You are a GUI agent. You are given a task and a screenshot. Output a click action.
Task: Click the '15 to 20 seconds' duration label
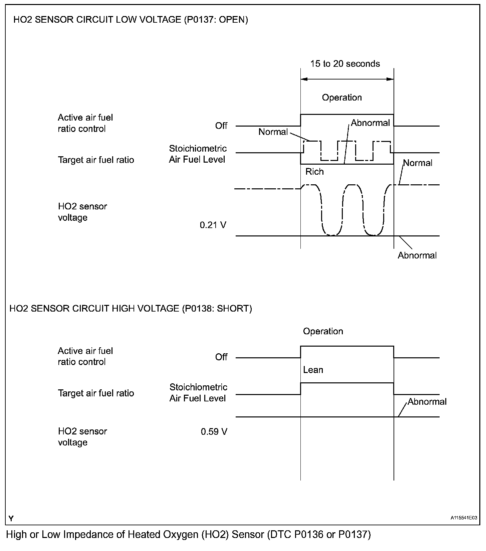[345, 64]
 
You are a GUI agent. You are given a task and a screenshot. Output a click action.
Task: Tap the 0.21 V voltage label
[213, 225]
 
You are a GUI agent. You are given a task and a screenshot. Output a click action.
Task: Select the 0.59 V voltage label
[214, 432]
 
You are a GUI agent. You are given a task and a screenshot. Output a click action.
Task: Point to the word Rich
[314, 172]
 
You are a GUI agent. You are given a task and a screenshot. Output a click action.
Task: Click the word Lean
[313, 370]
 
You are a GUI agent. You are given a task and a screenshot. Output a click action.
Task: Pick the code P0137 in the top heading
[202, 20]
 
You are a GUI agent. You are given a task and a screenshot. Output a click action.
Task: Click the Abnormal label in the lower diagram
[427, 401]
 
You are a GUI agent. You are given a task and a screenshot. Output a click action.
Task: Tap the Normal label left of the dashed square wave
[273, 132]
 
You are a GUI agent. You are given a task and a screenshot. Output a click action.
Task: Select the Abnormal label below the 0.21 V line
[417, 255]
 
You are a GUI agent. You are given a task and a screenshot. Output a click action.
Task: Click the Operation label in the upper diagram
[342, 98]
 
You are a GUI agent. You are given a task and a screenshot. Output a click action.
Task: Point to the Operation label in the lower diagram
[323, 331]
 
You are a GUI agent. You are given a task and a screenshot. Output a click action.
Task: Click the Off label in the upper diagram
[221, 126]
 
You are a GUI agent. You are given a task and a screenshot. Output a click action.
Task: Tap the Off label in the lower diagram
[221, 357]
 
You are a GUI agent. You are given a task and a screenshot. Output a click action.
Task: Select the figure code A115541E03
[464, 518]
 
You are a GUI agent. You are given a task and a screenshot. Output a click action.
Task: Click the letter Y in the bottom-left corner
[11, 518]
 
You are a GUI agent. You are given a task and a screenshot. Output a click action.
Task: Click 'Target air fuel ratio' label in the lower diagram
[96, 393]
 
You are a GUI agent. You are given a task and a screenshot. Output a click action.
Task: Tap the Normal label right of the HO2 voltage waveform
[418, 163]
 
